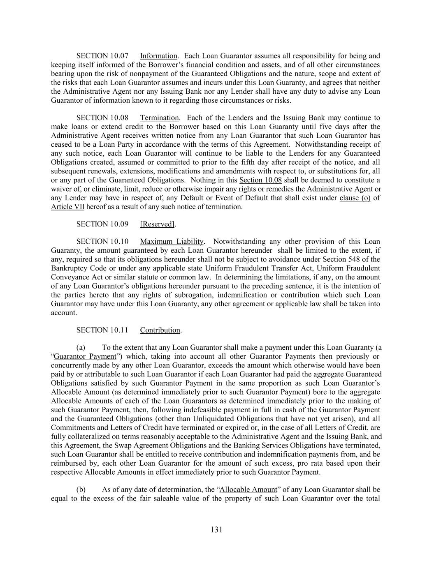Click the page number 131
(216, 529)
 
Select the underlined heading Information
(158, 56)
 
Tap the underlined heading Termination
(160, 118)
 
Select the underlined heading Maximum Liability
(172, 242)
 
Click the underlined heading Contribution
(160, 330)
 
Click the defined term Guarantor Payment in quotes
(85, 356)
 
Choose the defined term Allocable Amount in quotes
(248, 489)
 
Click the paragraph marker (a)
(81, 348)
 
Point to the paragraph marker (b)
(81, 489)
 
